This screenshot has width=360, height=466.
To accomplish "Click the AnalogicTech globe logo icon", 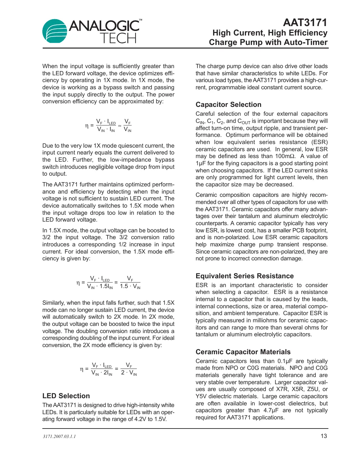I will (55, 31).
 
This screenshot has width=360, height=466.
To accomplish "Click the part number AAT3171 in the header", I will (305, 22).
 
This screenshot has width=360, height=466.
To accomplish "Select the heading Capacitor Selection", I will (228, 105).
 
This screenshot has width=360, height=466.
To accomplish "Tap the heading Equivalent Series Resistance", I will (244, 276).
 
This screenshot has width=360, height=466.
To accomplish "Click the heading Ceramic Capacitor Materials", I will (243, 352).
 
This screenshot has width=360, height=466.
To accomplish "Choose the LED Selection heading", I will (66, 396).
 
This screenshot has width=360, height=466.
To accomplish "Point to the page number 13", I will (324, 436).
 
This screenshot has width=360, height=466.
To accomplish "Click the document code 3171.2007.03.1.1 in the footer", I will (59, 436).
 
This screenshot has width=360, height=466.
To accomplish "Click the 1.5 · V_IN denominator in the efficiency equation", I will (130, 286).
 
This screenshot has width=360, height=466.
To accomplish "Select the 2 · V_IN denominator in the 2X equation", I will (129, 373).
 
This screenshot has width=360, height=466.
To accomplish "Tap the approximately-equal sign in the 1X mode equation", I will (120, 126).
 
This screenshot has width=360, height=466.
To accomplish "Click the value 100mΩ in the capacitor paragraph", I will (285, 156).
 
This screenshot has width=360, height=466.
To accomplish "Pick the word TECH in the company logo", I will (118, 38).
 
